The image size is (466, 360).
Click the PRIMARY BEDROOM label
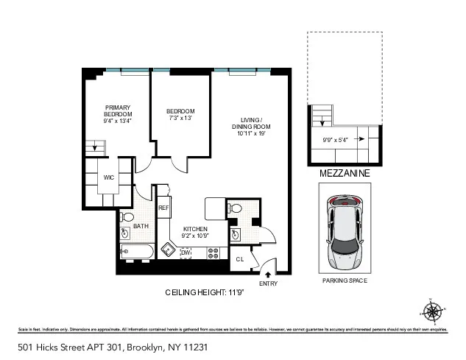click(118, 114)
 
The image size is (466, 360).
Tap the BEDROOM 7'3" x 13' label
click(180, 114)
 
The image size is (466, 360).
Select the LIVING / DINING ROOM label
click(251, 127)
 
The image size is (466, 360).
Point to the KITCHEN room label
click(196, 233)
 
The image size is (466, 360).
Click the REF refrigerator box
click(163, 208)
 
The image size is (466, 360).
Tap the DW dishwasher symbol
click(186, 253)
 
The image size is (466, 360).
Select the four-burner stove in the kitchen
click(214, 253)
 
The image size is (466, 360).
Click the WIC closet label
click(108, 177)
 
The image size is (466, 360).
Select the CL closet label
click(240, 259)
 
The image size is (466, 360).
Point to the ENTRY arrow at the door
click(266, 274)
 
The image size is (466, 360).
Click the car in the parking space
click(343, 228)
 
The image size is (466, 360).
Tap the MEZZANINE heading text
click(345, 174)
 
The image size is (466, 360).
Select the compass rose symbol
click(434, 311)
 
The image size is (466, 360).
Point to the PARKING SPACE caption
click(345, 281)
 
